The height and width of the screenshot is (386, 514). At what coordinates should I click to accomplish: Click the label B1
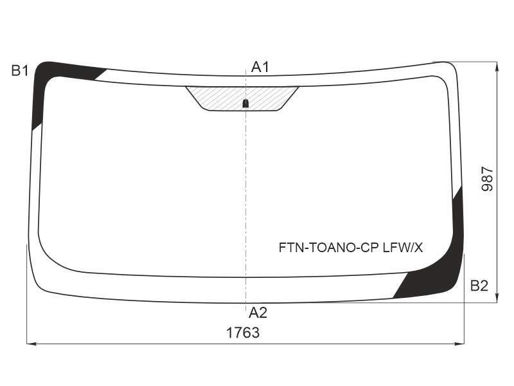coord(20,71)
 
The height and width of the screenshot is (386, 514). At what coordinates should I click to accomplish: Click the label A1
coord(260,67)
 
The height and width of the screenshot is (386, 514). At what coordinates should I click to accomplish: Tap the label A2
coord(258,313)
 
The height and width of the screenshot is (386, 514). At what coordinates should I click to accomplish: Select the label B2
coord(479,286)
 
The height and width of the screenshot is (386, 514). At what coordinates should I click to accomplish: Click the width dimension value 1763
coord(243,333)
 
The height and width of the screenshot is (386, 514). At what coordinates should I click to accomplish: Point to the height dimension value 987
coord(487,179)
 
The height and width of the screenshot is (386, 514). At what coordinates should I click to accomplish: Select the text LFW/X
coord(403,248)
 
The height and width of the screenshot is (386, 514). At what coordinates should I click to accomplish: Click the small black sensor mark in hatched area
coord(245,104)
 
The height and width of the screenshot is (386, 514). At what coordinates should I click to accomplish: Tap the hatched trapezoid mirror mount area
coord(242,98)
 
